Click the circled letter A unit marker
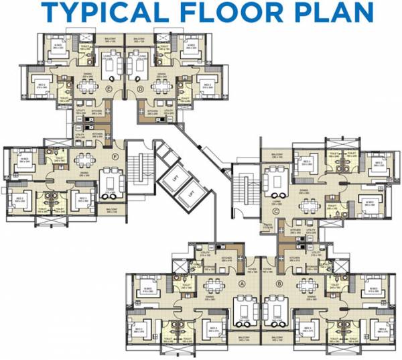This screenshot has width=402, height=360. coord(241,282)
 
